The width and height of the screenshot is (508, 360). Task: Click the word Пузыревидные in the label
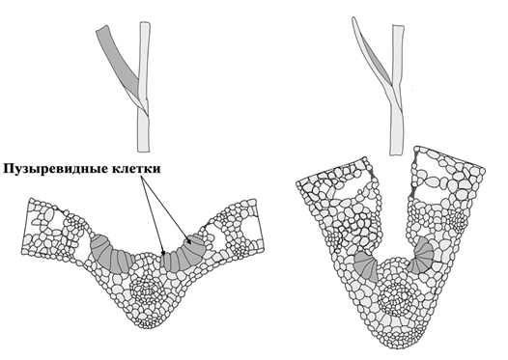coord(55,169)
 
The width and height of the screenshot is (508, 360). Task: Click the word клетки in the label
coord(136,169)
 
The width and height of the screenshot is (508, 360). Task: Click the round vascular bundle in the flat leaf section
coord(145,289)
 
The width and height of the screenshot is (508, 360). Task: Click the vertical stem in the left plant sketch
coord(144,87)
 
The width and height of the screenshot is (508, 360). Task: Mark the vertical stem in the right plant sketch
coord(397,91)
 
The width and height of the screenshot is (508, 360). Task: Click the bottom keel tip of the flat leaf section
coord(149,327)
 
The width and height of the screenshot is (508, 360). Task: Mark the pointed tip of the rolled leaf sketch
coord(353,17)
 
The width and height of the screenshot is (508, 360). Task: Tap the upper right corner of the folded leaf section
coord(484,169)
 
